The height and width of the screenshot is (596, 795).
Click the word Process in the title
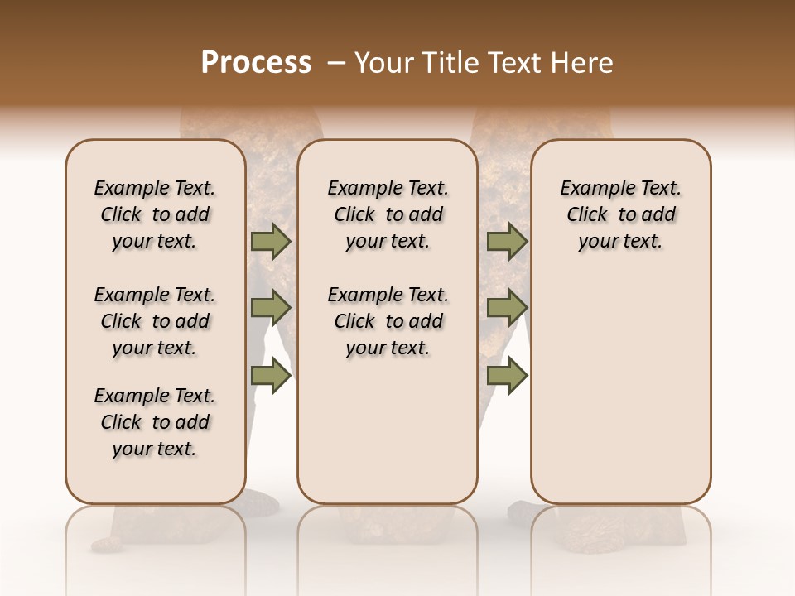256,63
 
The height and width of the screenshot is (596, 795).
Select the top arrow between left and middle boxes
271,241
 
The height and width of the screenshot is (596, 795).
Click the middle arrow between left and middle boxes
271,308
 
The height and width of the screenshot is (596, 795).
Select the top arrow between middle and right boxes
507,241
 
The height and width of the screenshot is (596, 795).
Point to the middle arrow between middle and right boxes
507,308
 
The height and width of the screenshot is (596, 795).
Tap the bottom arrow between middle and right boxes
507,375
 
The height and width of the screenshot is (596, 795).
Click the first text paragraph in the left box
155,214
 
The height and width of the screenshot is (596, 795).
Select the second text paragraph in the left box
155,321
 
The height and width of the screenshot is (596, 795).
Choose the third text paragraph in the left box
155,422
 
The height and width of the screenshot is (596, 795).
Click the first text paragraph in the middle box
388,214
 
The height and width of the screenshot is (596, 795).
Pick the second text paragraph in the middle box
388,321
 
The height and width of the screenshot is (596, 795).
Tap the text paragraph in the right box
620,214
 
